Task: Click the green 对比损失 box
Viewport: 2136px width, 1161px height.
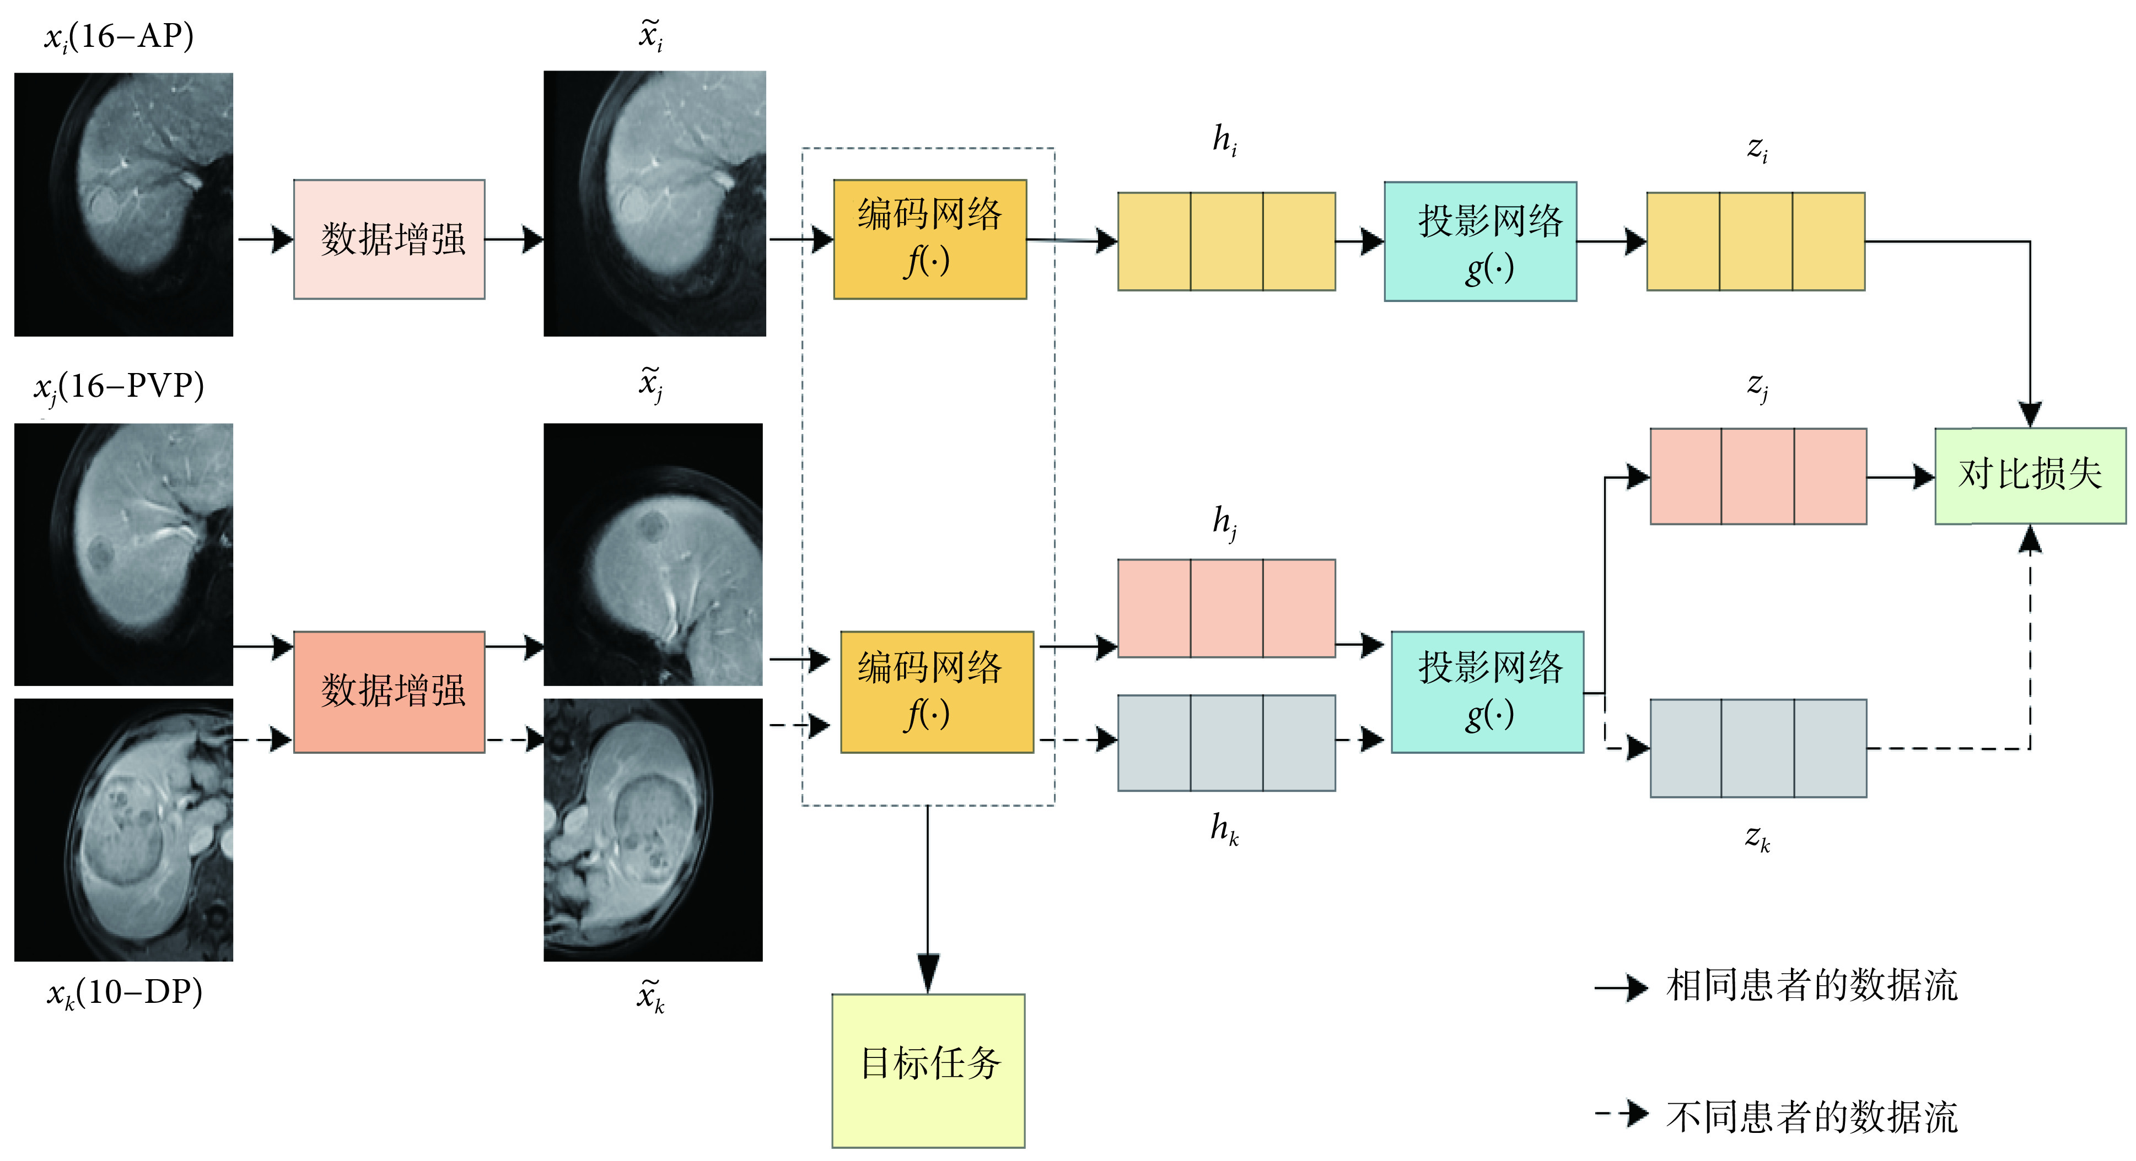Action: coord(2029,476)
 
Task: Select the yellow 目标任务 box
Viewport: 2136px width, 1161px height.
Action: coord(928,1070)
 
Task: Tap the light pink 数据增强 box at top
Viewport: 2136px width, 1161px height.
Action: coord(389,239)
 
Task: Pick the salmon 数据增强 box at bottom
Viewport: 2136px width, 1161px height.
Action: coord(389,691)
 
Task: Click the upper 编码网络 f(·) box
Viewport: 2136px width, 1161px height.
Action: coord(929,239)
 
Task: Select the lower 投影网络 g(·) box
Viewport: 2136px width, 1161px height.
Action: coord(1487,691)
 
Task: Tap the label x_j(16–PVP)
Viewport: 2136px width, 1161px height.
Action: coord(119,387)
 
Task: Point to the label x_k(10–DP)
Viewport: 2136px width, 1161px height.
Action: coord(125,992)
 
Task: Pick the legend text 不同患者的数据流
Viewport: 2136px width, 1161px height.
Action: coord(1812,1116)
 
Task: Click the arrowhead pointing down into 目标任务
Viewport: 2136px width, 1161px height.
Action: coord(928,973)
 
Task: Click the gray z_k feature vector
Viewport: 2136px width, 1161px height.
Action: coord(1758,748)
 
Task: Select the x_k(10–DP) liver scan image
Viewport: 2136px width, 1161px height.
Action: coord(123,829)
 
